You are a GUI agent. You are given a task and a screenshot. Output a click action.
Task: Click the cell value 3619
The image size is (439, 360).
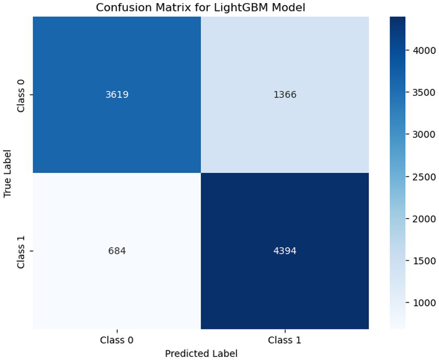(117, 95)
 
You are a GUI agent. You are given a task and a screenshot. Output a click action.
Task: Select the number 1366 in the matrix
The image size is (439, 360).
(285, 95)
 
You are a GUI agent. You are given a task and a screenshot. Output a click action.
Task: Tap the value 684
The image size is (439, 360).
(117, 251)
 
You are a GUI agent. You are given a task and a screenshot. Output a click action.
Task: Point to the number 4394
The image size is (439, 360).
(285, 251)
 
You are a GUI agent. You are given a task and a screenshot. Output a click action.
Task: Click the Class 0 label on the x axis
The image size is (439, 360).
(117, 340)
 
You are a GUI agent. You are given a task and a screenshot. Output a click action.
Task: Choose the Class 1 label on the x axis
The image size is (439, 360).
(285, 340)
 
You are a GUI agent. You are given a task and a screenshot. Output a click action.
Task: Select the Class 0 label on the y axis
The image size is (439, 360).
(21, 95)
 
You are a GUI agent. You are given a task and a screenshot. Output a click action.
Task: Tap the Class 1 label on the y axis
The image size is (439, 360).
(21, 251)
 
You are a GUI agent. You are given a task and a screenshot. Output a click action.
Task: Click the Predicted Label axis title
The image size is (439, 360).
(201, 353)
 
